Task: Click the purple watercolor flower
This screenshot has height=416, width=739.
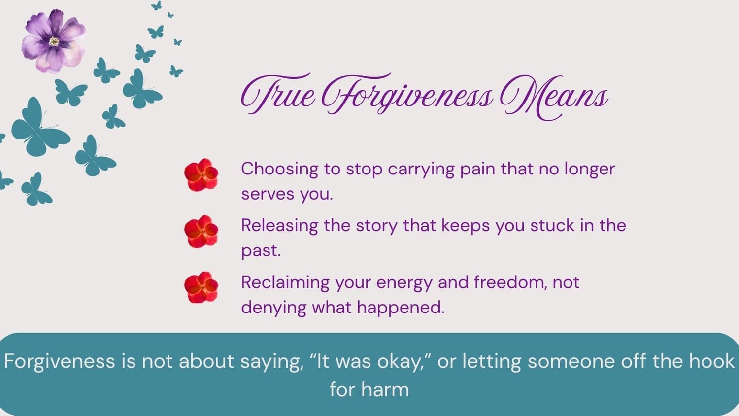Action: pos(54,41)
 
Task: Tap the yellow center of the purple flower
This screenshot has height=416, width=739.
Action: pos(54,41)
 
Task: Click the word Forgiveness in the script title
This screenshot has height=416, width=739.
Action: pos(407,96)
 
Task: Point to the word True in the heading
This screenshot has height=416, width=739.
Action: pos(278,95)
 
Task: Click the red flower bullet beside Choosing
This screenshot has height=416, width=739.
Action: pos(201,175)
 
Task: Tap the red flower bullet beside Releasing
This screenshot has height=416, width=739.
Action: pos(201,232)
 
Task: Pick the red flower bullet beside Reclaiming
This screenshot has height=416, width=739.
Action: pos(201,287)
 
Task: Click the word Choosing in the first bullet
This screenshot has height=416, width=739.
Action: pos(280,170)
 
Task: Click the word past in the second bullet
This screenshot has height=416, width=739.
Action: pos(261,251)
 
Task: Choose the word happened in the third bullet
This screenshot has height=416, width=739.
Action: pos(401,308)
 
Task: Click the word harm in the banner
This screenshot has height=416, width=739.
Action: pos(385,389)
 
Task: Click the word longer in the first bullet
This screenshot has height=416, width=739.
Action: pos(590,170)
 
